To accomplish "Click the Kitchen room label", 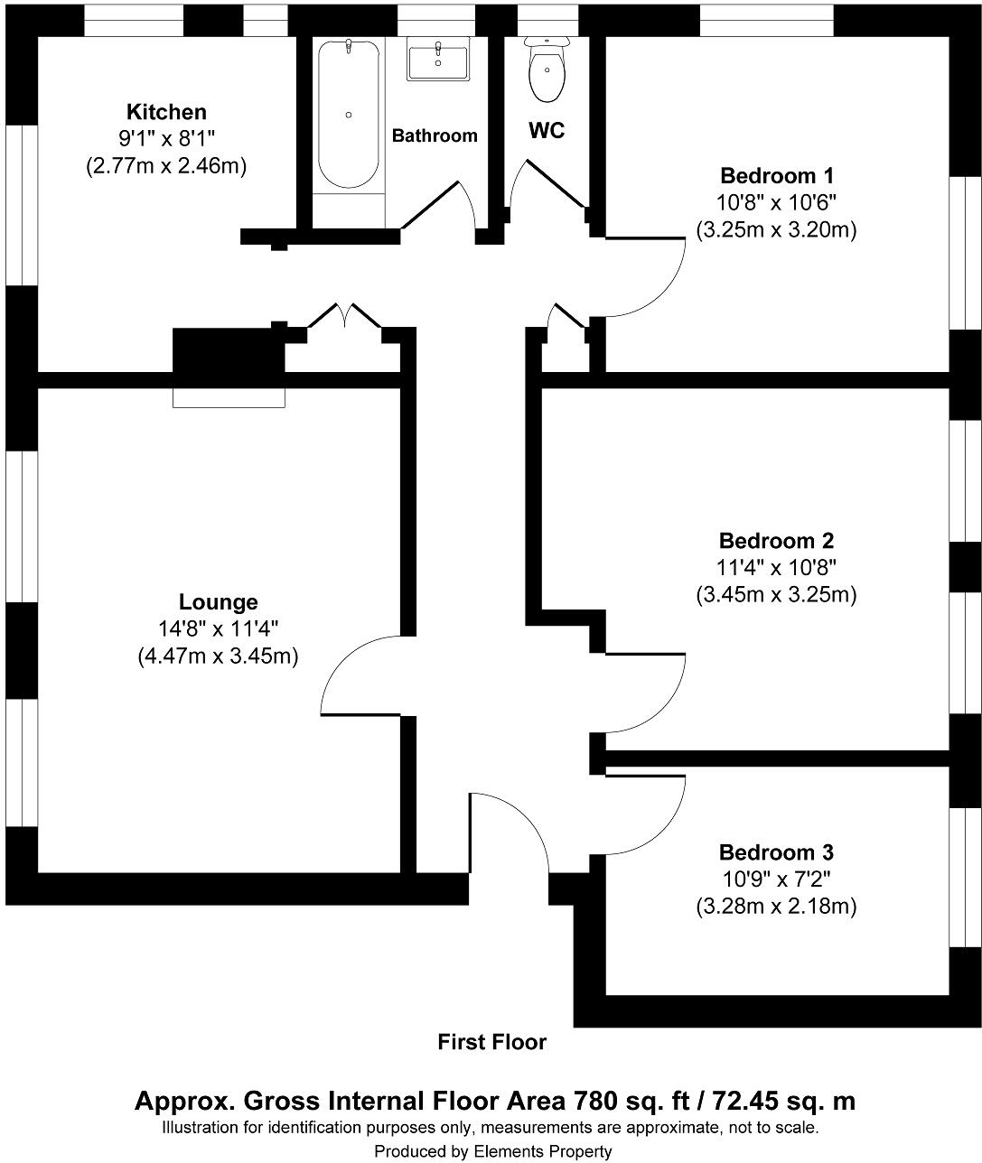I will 166,112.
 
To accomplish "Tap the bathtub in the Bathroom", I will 348,114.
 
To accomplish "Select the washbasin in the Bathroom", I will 438,61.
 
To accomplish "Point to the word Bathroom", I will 435,135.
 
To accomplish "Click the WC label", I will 547,131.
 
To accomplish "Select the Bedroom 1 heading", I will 776,175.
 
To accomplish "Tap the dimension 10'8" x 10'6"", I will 776,202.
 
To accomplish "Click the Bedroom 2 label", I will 776,541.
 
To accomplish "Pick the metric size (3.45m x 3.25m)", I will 776,595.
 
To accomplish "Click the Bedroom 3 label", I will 776,852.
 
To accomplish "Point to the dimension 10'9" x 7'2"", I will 776,879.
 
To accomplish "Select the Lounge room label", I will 218,602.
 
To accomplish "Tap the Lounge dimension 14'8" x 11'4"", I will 218,629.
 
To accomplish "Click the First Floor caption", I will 491,1042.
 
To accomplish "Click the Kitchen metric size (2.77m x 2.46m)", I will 166,166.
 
